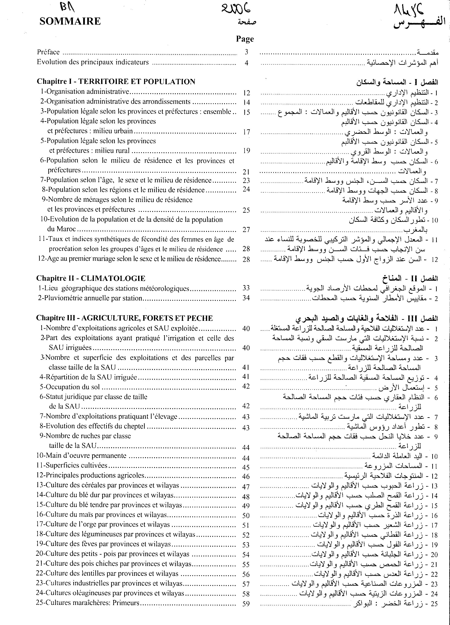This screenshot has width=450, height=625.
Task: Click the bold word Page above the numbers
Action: pyautogui.click(x=245, y=39)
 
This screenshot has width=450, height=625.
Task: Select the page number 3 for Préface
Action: pyautogui.click(x=246, y=52)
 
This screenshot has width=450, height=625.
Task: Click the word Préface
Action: pyautogui.click(x=48, y=52)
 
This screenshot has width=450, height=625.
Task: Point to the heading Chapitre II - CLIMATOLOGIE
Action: pyautogui.click(x=91, y=278)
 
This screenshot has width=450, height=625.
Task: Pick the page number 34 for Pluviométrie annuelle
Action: pyautogui.click(x=246, y=298)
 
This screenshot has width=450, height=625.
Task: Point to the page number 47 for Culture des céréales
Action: pyautogui.click(x=246, y=487)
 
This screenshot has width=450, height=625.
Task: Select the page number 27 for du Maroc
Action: pyautogui.click(x=246, y=230)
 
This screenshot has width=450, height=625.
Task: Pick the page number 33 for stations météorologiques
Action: pyautogui.click(x=246, y=288)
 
